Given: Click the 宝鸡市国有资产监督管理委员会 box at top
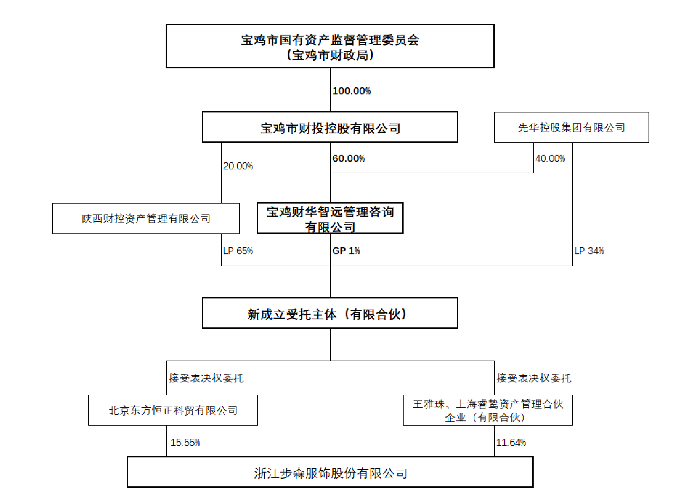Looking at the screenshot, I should [330, 46].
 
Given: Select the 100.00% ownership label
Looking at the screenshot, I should [351, 91].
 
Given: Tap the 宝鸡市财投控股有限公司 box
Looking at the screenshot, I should [330, 127].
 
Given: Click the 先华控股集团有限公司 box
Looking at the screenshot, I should [571, 128].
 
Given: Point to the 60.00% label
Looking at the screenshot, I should [348, 158].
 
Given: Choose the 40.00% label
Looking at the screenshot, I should [550, 158].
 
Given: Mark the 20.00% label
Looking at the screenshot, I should [238, 166].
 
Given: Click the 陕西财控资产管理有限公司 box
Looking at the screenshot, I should [146, 219].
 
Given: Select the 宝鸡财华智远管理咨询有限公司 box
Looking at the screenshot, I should [330, 219].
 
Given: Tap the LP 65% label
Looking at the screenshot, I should [238, 251].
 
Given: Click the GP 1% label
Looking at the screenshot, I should [346, 251].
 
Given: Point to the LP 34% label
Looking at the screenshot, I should [589, 251].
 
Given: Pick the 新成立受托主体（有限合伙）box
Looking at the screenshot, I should [330, 313].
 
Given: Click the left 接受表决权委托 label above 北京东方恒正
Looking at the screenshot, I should [206, 378].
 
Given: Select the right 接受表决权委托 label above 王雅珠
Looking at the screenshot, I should [534, 378].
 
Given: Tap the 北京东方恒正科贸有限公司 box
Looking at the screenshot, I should [173, 410].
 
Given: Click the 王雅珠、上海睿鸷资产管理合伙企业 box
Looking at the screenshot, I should [488, 410].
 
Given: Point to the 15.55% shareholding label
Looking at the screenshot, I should [185, 443].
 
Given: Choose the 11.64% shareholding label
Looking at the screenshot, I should [511, 443].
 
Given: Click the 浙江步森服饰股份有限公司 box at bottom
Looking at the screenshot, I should [330, 473].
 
